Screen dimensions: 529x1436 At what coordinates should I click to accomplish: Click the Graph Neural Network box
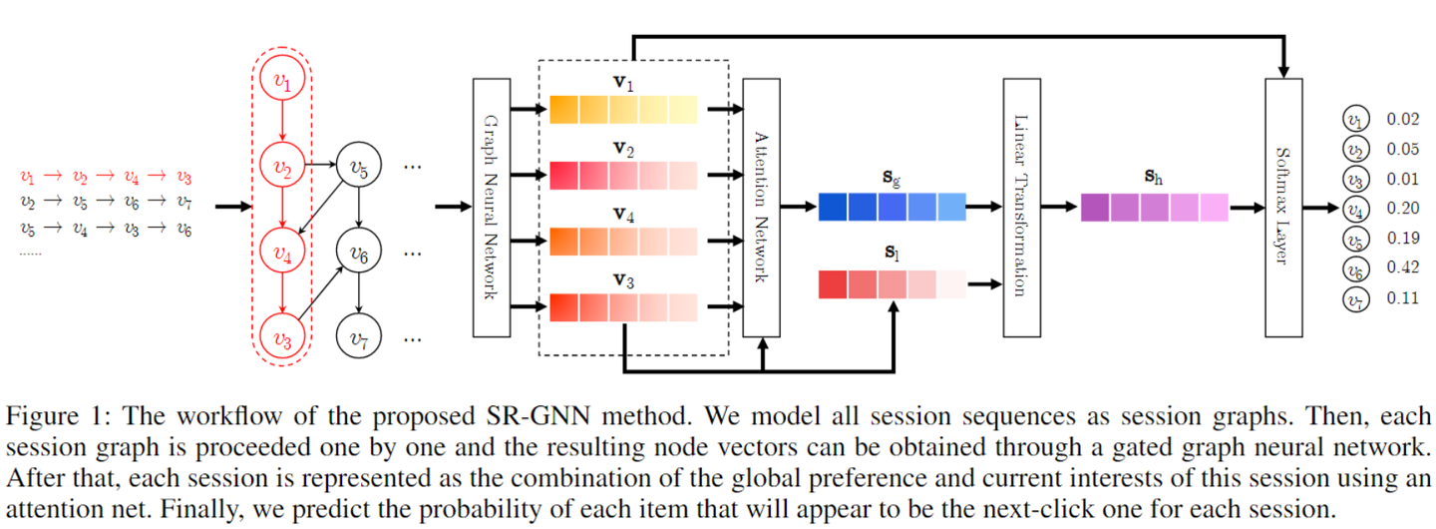click(490, 207)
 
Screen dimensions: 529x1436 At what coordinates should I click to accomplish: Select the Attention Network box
click(761, 207)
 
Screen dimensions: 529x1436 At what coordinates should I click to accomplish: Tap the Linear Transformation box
click(1021, 207)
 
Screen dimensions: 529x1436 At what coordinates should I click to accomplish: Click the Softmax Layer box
click(1282, 207)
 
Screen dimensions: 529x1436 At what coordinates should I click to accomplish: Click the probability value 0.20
click(1402, 208)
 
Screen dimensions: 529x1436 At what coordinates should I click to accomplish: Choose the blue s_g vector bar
click(892, 207)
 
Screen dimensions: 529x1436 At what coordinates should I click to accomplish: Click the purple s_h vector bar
click(1154, 207)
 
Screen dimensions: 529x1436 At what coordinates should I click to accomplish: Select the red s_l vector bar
click(892, 284)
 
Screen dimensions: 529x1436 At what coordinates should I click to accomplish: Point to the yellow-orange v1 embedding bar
click(624, 109)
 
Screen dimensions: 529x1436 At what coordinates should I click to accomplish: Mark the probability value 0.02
click(1402, 119)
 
